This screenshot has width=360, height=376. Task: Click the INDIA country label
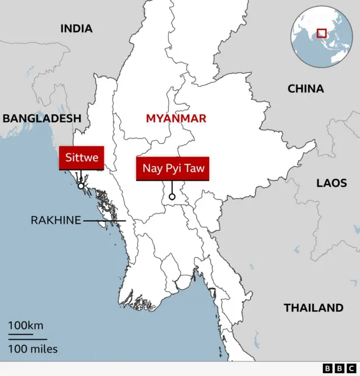pos(76,28)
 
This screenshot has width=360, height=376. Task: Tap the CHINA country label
pos(305,88)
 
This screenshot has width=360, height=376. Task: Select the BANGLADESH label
pos(42,118)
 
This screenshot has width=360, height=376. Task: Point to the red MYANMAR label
pos(176,118)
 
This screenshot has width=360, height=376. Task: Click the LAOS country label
pos(331,183)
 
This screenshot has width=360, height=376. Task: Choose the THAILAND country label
pos(313,307)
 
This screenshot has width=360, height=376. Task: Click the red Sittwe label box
pos(82,158)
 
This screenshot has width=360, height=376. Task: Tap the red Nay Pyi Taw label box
pos(172,168)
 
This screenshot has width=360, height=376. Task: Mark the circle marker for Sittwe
pos(81,186)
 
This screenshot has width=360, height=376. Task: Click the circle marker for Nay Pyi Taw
pos(172,197)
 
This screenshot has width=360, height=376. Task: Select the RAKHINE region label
pos(56,220)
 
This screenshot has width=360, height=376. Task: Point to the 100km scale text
pos(25,326)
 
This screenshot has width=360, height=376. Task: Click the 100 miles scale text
pos(33,349)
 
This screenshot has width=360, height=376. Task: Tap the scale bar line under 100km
pos(20,334)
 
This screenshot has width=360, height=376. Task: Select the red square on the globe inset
pos(321,33)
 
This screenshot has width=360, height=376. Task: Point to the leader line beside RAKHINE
pos(104,221)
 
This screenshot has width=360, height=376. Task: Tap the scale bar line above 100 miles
pos(28,339)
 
